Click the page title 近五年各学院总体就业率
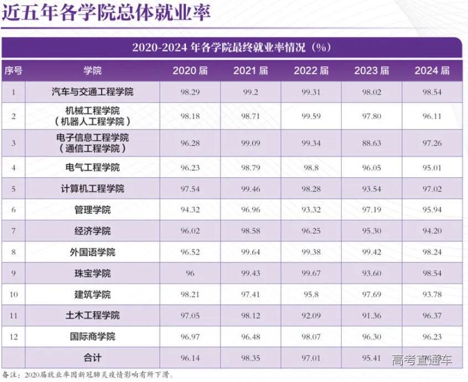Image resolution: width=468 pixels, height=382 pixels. click(105, 13)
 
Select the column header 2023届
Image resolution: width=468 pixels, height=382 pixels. click(371, 71)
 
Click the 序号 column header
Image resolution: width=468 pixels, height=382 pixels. click(13, 71)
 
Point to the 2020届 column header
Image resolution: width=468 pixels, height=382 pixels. click(190, 71)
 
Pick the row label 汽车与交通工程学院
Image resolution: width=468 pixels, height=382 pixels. click(92, 92)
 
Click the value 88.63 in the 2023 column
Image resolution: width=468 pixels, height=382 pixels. click(371, 143)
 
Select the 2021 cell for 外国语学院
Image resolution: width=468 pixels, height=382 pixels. click(250, 252)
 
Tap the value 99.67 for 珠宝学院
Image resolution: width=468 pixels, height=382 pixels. click(311, 273)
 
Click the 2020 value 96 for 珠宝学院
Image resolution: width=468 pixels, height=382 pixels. click(190, 273)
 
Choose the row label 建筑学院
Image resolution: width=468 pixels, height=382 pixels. click(92, 295)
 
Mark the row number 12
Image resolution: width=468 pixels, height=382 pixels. click(13, 337)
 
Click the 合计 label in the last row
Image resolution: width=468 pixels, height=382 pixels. click(92, 358)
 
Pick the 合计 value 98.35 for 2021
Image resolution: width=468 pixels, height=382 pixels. click(250, 358)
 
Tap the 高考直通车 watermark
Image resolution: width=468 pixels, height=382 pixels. click(422, 361)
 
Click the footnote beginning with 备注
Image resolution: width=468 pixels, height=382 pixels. click(89, 375)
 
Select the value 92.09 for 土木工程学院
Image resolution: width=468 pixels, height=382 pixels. click(311, 316)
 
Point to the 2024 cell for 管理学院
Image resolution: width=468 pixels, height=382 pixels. click(432, 210)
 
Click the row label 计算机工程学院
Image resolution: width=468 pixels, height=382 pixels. click(92, 189)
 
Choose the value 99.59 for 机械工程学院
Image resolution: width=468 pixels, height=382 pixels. click(311, 116)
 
